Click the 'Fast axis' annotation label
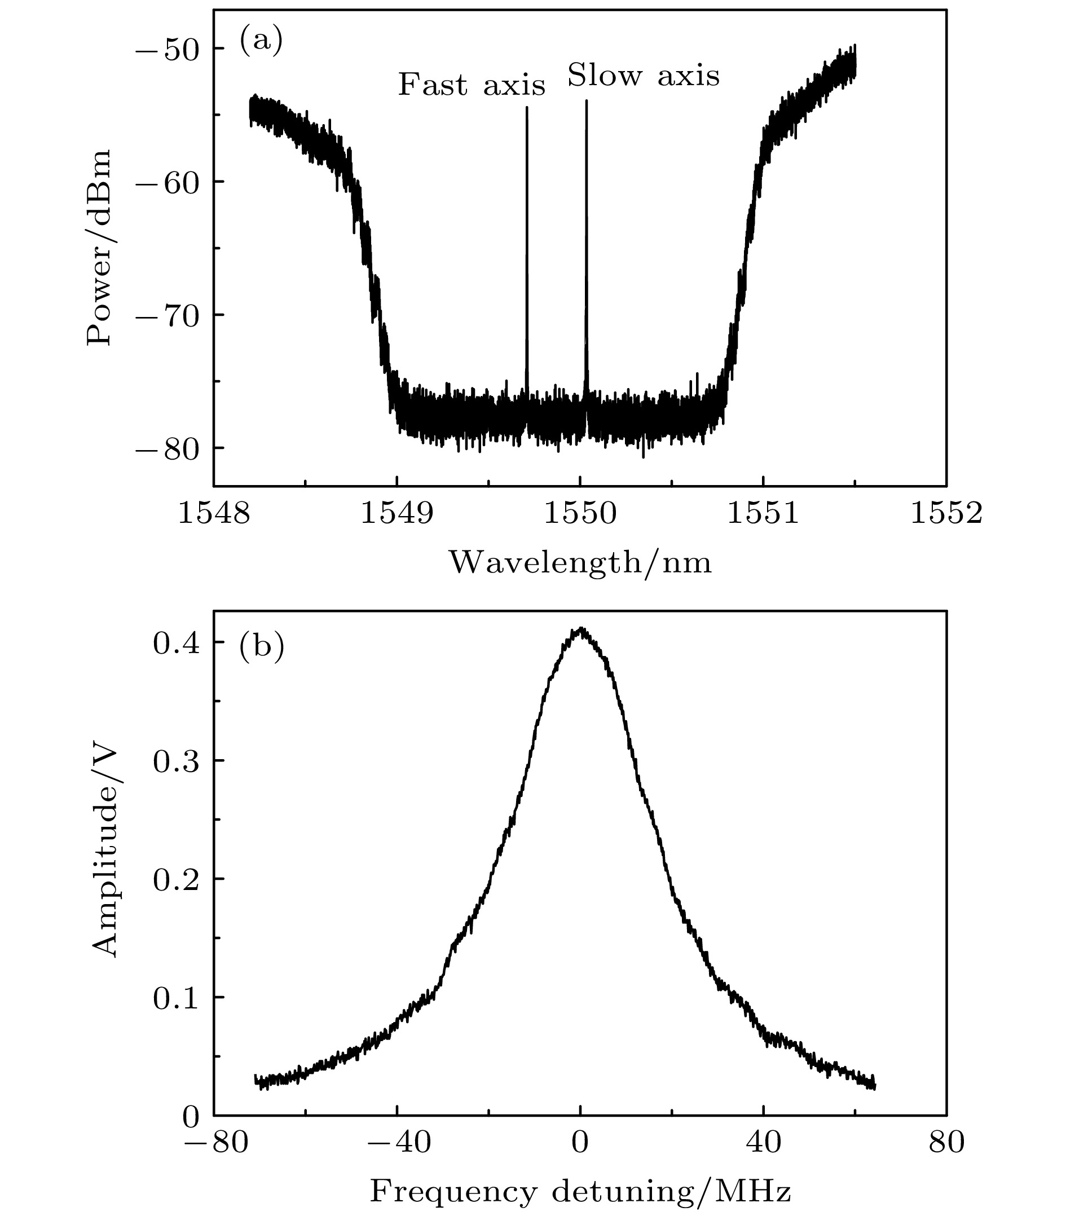coord(471,85)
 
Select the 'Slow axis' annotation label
coord(643,76)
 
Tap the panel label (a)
coord(261,41)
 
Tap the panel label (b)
coord(261,647)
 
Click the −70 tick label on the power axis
coord(170,315)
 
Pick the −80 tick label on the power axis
coord(170,448)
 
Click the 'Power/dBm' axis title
coord(99,248)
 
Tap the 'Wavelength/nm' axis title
coord(580,562)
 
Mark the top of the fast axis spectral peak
coord(526,108)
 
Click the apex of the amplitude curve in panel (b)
coord(581,628)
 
